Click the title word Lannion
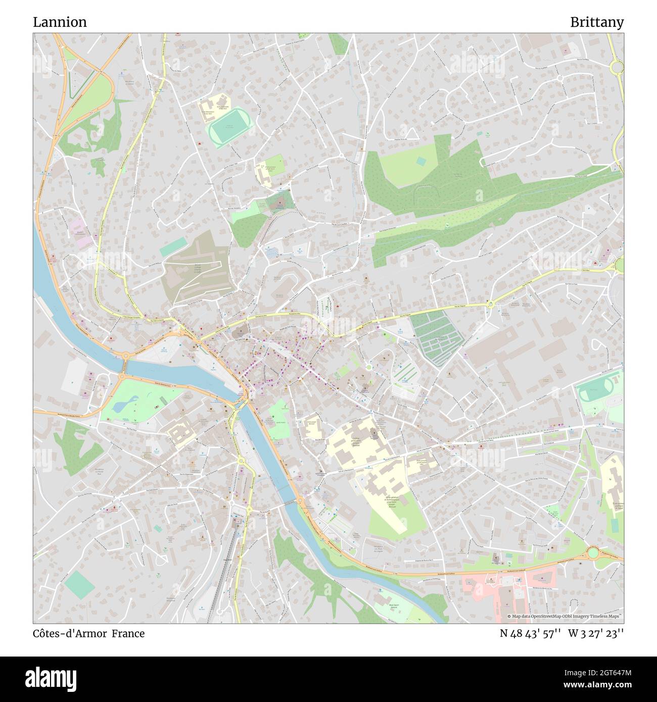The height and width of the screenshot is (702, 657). click(60, 22)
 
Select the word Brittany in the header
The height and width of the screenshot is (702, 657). click(596, 22)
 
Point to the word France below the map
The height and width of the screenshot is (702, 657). click(128, 633)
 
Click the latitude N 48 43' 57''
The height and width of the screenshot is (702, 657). click(530, 633)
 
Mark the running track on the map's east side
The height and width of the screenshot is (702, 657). click(595, 390)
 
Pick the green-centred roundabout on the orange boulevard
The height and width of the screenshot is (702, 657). click(592, 553)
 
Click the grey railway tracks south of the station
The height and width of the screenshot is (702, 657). click(223, 576)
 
